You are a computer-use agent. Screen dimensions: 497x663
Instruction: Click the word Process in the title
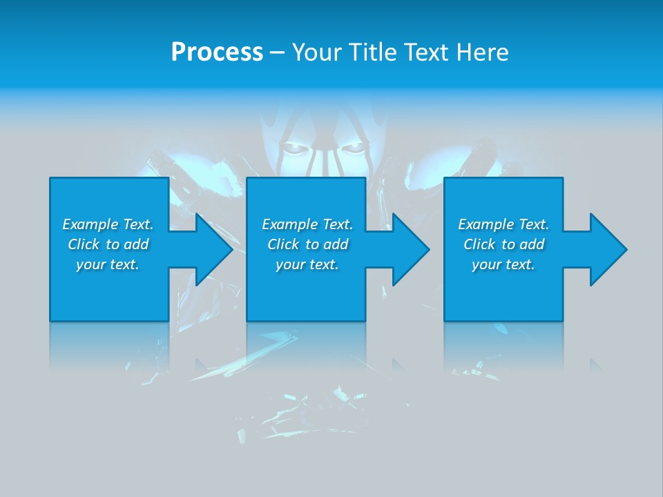(x=217, y=52)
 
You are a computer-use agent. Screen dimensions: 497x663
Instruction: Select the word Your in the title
(x=316, y=52)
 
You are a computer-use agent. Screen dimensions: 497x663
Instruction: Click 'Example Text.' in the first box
(x=108, y=224)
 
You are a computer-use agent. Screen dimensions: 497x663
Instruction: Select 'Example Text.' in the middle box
(x=307, y=224)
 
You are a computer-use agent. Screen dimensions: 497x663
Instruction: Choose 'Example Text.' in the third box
(x=503, y=224)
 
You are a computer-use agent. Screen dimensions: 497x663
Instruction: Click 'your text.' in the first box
(x=108, y=264)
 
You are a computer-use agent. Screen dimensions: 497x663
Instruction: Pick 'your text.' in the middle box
(x=307, y=264)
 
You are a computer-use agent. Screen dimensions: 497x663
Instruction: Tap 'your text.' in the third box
(x=503, y=264)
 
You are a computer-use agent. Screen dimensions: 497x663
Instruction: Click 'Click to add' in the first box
(x=108, y=244)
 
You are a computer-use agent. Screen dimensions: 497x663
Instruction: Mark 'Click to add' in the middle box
(x=307, y=244)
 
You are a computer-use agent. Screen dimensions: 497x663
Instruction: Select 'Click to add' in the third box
(x=503, y=244)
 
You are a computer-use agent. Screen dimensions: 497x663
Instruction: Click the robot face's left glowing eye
(x=292, y=148)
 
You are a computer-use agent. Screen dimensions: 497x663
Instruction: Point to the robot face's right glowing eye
(x=352, y=148)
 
